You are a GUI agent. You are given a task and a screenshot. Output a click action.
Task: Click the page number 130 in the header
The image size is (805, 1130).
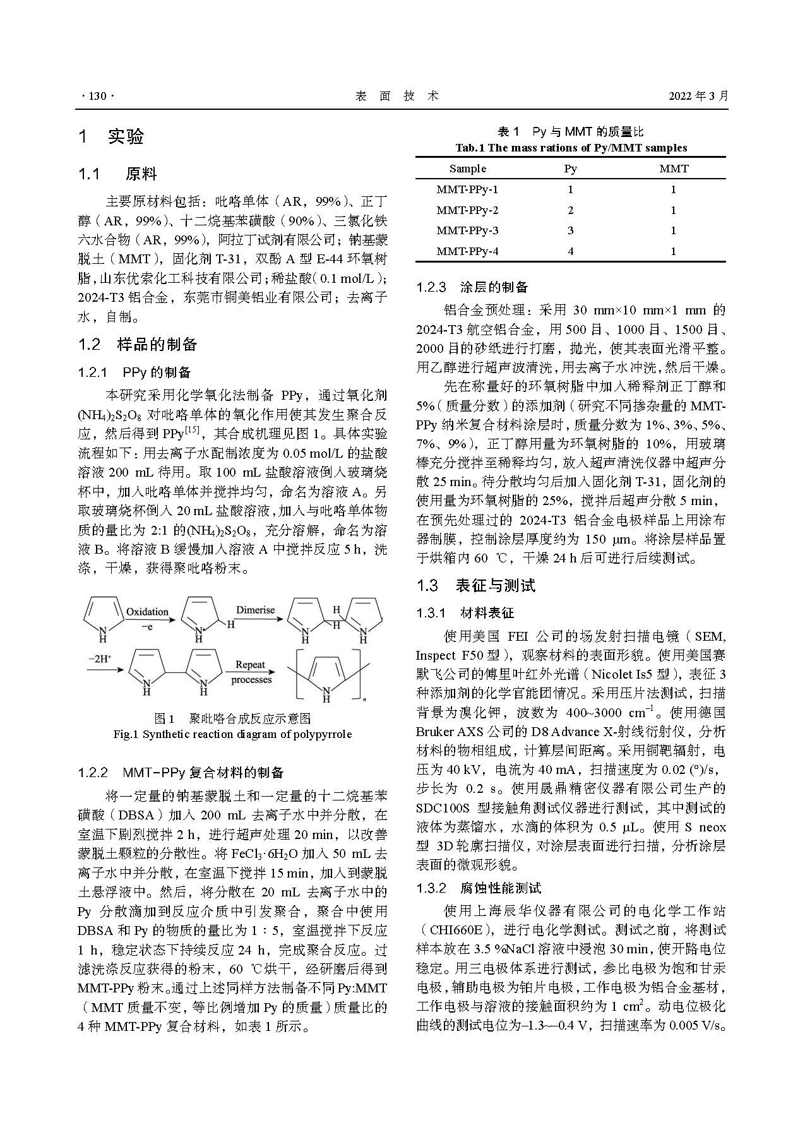click(x=97, y=97)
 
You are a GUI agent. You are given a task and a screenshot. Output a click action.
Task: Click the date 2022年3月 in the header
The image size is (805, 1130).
click(x=698, y=97)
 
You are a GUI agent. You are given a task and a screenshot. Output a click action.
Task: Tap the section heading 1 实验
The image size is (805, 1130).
click(x=111, y=136)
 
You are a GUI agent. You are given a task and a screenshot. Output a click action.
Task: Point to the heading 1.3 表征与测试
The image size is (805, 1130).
click(x=475, y=586)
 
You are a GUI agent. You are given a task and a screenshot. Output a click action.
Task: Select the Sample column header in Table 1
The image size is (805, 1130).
click(x=468, y=169)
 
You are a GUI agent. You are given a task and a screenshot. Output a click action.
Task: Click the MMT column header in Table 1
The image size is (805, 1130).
click(x=674, y=169)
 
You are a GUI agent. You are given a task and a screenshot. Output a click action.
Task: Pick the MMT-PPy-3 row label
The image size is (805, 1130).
click(x=467, y=230)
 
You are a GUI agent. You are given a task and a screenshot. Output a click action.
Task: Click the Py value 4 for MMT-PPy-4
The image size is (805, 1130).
click(x=571, y=251)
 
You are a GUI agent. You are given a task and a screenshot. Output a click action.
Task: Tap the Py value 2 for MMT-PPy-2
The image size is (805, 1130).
click(x=571, y=210)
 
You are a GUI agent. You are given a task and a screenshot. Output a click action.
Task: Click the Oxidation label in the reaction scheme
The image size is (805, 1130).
click(x=147, y=612)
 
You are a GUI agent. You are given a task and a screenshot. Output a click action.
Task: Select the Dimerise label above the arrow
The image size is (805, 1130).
click(x=255, y=610)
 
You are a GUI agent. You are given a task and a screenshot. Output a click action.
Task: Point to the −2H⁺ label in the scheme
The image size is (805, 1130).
click(x=99, y=658)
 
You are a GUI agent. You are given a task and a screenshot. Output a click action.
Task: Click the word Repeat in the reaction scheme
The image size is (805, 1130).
click(x=251, y=665)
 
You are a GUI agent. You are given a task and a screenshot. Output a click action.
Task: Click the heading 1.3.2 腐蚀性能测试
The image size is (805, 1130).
click(x=478, y=888)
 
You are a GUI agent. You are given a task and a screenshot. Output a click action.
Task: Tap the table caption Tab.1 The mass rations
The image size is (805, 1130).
click(x=571, y=148)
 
